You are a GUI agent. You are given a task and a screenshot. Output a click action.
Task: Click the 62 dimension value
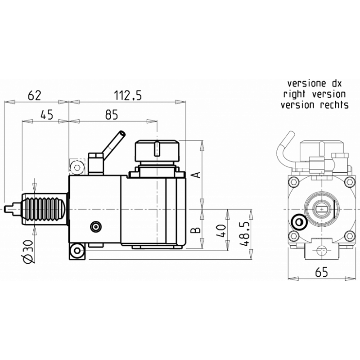point(35,95)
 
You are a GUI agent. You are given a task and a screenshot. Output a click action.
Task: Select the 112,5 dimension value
point(128,95)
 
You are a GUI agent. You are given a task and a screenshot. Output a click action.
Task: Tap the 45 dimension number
point(47,115)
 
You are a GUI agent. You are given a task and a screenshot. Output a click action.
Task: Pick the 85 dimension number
point(112,115)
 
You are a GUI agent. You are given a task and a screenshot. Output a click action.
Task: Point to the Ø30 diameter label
point(28,252)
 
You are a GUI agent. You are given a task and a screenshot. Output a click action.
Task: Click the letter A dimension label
point(196,175)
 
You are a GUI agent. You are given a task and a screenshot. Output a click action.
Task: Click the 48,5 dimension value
point(244,234)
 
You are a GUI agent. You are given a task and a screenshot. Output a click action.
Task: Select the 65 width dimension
point(322,272)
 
